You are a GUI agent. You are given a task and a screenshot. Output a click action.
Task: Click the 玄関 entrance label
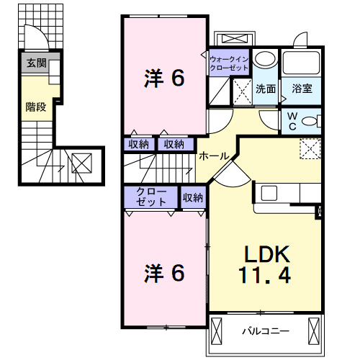tap(36, 63)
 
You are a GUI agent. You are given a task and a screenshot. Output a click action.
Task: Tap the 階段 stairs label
tap(36, 107)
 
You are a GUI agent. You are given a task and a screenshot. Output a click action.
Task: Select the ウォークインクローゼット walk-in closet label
tap(229, 63)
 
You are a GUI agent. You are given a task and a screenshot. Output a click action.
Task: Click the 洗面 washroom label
tap(266, 89)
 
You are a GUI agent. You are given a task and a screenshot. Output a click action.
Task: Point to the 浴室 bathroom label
tap(302, 89)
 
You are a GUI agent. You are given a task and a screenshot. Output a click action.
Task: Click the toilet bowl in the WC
tap(309, 121)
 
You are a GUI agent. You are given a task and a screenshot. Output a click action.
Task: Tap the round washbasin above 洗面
tap(265, 59)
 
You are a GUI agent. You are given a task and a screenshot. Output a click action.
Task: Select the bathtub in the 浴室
tap(301, 63)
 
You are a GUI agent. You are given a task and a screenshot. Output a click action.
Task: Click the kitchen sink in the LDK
tap(269, 193)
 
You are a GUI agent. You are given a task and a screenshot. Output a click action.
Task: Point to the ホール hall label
tap(214, 156)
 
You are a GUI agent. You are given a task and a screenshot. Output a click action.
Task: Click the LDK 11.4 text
tap(266, 264)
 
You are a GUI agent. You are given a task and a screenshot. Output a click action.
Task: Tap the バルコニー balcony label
tap(266, 331)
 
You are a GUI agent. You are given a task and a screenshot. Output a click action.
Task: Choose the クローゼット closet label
tap(151, 197)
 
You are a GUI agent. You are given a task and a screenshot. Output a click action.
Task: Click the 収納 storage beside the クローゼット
tap(193, 198)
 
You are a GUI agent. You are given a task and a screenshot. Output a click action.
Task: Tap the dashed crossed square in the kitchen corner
tap(310, 148)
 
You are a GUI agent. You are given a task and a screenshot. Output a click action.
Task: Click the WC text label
tap(292, 122)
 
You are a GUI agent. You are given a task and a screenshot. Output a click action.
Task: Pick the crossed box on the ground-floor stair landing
tap(81, 163)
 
